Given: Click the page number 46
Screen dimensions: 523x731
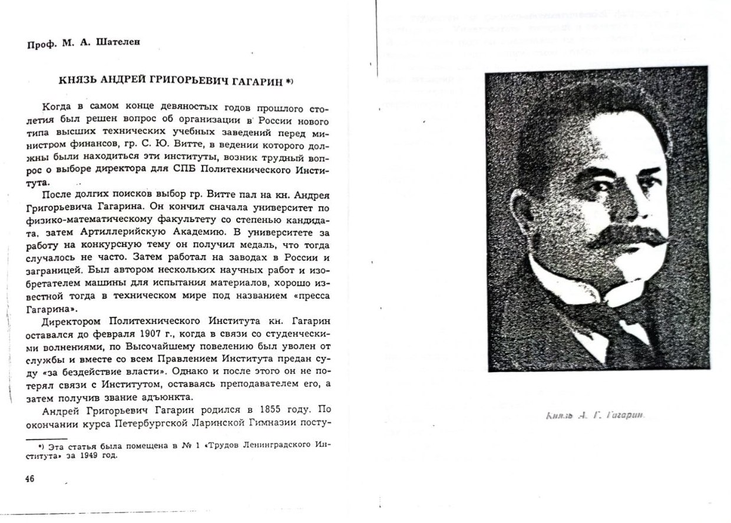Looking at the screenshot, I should click(x=29, y=479).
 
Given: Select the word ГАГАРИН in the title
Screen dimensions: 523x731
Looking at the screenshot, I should click(x=257, y=81).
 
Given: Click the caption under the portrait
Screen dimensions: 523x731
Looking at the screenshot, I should click(x=596, y=415).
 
